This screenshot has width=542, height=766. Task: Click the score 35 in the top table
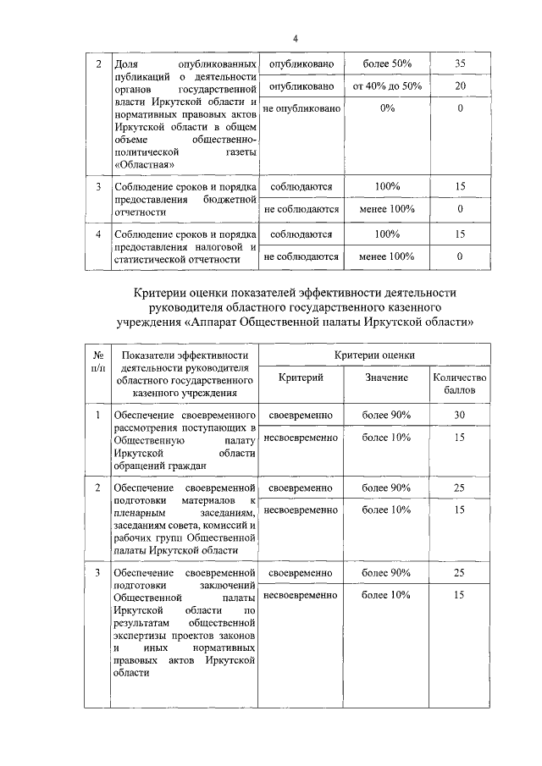click(x=460, y=64)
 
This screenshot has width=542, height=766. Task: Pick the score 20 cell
click(x=460, y=86)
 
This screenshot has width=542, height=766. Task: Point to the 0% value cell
click(x=387, y=108)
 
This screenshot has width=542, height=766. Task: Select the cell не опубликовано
click(x=302, y=108)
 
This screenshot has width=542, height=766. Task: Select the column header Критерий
click(x=301, y=378)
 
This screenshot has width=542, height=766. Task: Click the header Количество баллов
click(x=460, y=384)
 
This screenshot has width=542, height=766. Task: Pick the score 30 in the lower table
click(x=460, y=415)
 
